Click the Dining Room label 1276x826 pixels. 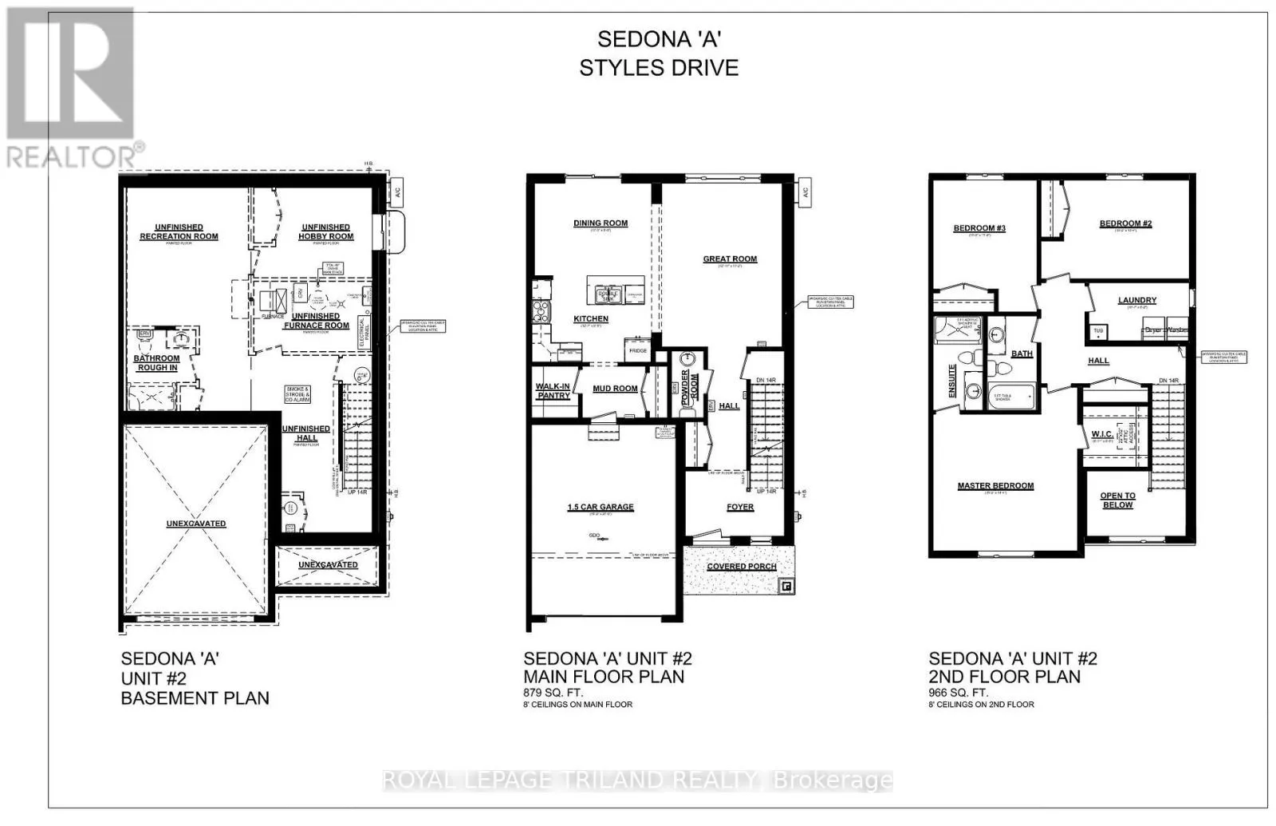coord(601,223)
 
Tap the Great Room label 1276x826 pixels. coord(730,259)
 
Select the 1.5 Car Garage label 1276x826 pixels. coord(600,507)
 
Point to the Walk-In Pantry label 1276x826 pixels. coord(553,391)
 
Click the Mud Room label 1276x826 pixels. coord(615,389)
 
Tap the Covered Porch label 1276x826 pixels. coord(741,567)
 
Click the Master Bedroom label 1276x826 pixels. coord(995,485)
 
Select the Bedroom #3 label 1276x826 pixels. coord(979,228)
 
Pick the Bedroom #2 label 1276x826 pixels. coord(1125,223)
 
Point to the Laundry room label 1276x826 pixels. coord(1136,300)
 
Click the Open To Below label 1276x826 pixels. coord(1117,500)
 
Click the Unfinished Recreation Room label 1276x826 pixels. coord(179,231)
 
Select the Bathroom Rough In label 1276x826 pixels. coord(156,363)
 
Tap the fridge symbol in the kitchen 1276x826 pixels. coord(638,350)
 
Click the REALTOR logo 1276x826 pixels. coord(72,88)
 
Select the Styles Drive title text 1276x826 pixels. coord(659,68)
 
